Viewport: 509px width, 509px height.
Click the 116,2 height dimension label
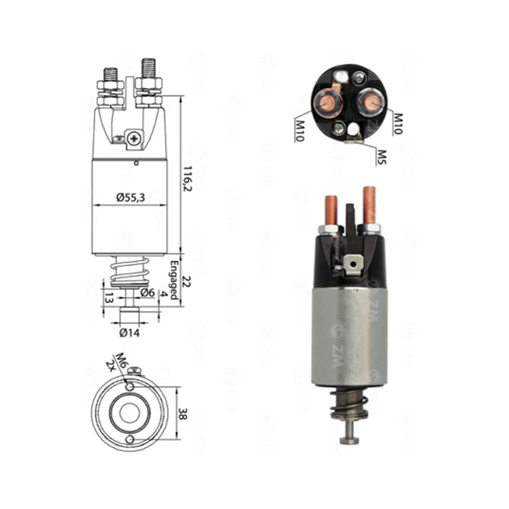point(188,179)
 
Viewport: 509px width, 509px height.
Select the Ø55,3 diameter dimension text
point(131,197)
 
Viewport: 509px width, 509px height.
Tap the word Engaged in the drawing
point(175,280)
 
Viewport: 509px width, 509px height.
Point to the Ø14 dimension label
point(129,333)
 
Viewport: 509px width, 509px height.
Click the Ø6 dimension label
point(148,293)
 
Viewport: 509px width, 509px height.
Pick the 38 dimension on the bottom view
point(182,413)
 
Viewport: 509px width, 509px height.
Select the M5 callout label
point(382,157)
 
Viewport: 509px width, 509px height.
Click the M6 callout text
point(121,359)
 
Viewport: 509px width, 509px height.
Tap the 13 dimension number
point(109,298)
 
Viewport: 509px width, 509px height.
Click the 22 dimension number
point(187,281)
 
